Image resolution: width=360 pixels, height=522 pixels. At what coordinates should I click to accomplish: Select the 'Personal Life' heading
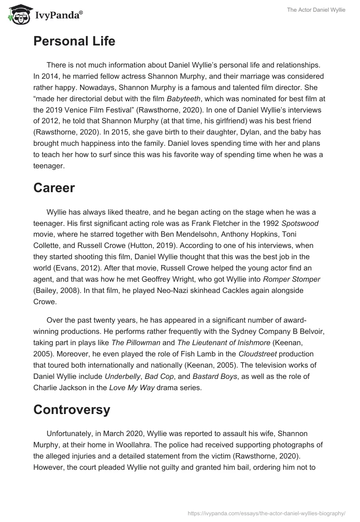click(x=74, y=41)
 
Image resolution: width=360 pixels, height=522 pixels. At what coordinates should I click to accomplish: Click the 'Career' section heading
click(x=54, y=188)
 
